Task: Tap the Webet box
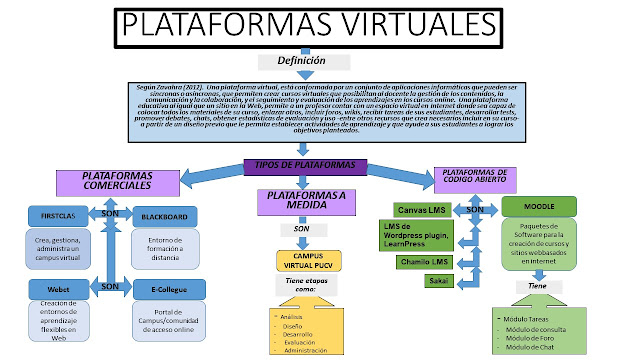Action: tap(55, 287)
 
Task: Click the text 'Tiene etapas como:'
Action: tap(307, 287)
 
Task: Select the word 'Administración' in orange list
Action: tap(306, 351)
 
